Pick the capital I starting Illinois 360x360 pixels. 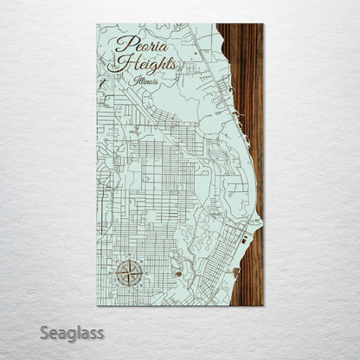[x=137, y=80]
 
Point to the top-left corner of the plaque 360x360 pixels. [x=97, y=24]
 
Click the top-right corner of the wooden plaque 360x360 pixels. [x=263, y=24]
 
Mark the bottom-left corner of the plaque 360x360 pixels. [x=97, y=305]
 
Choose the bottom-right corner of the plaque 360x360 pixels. [x=263, y=305]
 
